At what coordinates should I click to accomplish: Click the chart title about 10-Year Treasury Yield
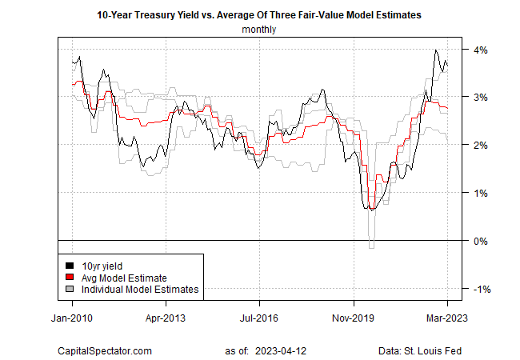(x=259, y=14)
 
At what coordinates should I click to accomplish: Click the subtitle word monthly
(x=259, y=30)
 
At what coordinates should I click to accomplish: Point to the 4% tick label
(x=482, y=50)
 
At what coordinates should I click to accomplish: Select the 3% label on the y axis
(x=482, y=98)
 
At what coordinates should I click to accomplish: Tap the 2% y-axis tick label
(x=482, y=146)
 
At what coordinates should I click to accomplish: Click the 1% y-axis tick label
(x=482, y=193)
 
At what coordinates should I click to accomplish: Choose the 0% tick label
(x=482, y=241)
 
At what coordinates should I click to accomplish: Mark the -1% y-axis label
(x=481, y=289)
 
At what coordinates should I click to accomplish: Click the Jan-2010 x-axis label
(x=73, y=316)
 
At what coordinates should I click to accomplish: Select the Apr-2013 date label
(x=166, y=316)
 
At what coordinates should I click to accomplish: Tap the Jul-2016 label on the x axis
(x=259, y=316)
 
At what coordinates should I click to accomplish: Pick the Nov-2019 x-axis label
(x=353, y=316)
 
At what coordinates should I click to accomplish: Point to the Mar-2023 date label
(x=446, y=316)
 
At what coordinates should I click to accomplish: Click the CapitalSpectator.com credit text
(x=104, y=350)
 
